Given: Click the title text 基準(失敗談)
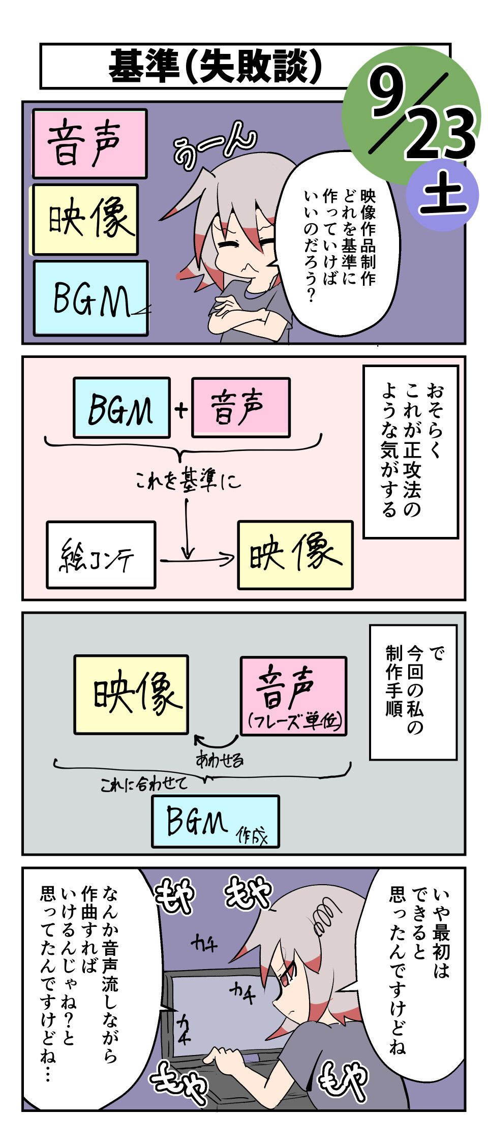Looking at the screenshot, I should coord(216,67).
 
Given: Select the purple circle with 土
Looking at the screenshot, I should coord(443,196).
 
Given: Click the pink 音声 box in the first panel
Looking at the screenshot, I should coord(89,143).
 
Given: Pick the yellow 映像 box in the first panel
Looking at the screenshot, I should coord(85,220).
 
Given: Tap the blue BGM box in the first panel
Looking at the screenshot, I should coord(90,298).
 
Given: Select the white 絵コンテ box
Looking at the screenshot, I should coord(101,555).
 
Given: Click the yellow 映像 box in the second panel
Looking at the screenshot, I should coord(295,555).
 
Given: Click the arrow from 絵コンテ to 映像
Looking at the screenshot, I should coord(198,560).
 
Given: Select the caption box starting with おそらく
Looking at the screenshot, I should coord(411,451).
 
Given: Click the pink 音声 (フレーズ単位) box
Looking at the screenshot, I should coord(293,696).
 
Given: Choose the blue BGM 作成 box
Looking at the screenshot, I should coord(215,821).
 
